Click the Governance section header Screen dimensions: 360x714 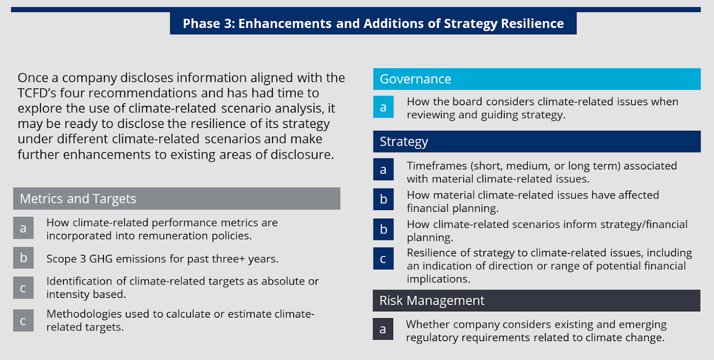[x=536, y=79]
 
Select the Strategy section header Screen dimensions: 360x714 [x=536, y=141]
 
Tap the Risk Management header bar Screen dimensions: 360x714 [x=536, y=301]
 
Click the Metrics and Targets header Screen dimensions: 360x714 [x=176, y=199]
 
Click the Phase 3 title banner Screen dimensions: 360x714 [x=373, y=23]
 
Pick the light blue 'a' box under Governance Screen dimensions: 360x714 [x=383, y=107]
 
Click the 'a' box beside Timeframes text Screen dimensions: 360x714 [x=383, y=170]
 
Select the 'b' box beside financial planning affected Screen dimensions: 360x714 [x=383, y=199]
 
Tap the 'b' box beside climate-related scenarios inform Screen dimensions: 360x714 [x=383, y=229]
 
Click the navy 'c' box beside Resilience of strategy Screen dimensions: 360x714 [x=383, y=259]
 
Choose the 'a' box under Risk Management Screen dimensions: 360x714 [x=383, y=329]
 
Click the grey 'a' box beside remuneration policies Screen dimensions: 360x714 [x=23, y=228]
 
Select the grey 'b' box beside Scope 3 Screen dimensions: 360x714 [x=23, y=258]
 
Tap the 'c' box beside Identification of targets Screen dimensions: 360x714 [x=23, y=288]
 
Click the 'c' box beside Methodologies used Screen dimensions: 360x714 [x=23, y=321]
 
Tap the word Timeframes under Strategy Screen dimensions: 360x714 [x=436, y=166]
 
